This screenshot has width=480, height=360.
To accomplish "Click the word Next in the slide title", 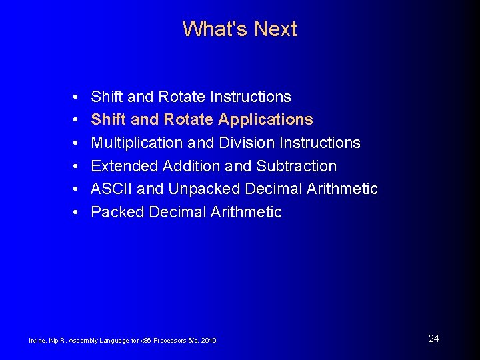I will (275, 29).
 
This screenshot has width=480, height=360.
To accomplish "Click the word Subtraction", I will (296, 166).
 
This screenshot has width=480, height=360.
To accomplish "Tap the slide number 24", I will (433, 339).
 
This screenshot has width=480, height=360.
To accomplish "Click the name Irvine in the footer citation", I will (37, 341).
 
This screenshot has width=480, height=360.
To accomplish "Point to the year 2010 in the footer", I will (209, 341).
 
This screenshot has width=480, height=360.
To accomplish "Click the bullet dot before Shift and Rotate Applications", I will (77, 120).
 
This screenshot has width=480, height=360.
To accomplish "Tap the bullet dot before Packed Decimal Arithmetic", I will (77, 212).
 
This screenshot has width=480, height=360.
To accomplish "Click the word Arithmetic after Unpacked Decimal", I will (342, 189).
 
